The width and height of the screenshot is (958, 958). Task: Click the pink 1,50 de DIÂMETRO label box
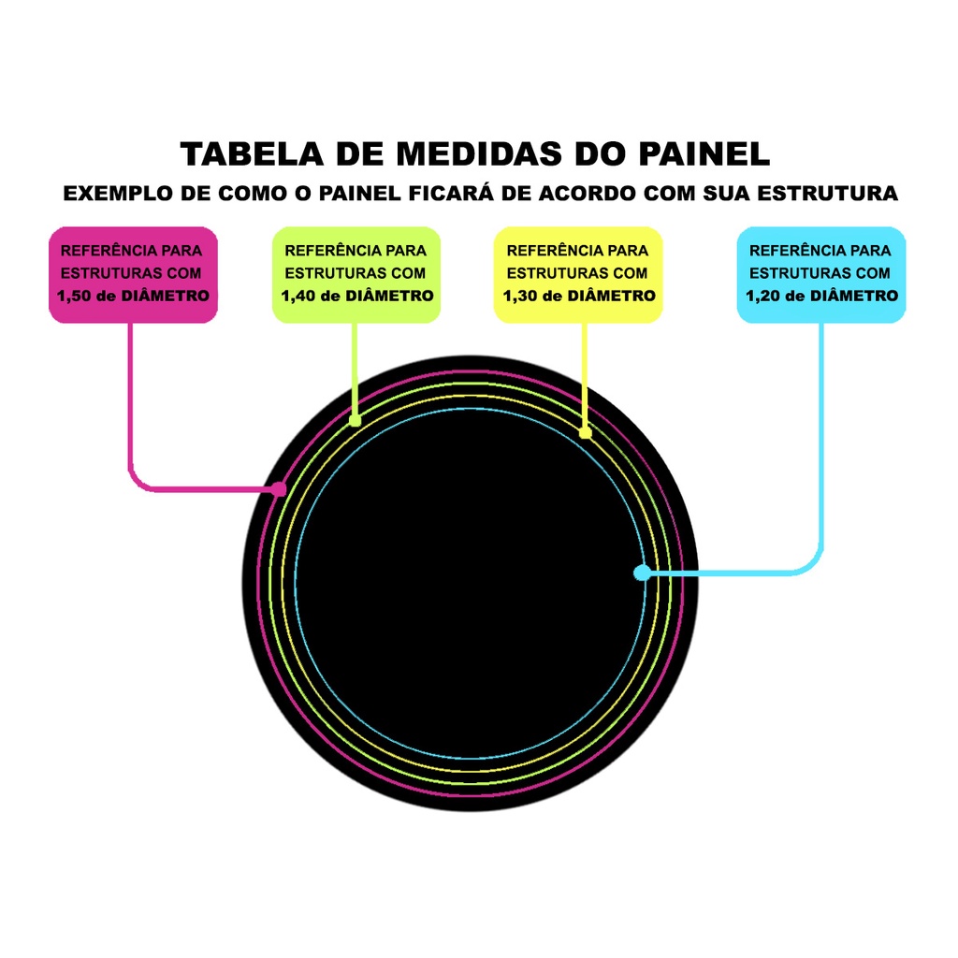133,274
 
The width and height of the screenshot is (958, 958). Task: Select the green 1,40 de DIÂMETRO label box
356,274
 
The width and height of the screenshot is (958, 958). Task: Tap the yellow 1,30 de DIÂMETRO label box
578,274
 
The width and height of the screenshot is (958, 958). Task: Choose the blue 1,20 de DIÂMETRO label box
821,274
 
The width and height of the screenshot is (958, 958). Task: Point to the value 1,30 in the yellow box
520,296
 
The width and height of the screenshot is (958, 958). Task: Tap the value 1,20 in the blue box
763,296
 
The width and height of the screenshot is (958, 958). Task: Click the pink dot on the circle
279,488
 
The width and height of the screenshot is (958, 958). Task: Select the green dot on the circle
356,421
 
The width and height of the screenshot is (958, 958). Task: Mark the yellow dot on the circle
586,432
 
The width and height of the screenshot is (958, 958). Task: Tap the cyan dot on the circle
642,573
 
